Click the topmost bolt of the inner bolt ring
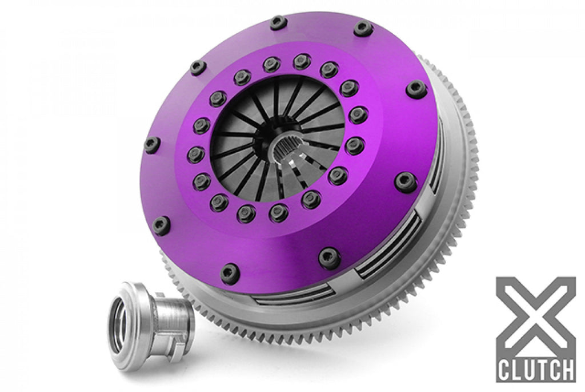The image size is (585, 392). click(302, 61)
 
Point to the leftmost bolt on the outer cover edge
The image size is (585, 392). click(152, 145)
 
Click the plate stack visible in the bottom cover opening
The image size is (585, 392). click(297, 292)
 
